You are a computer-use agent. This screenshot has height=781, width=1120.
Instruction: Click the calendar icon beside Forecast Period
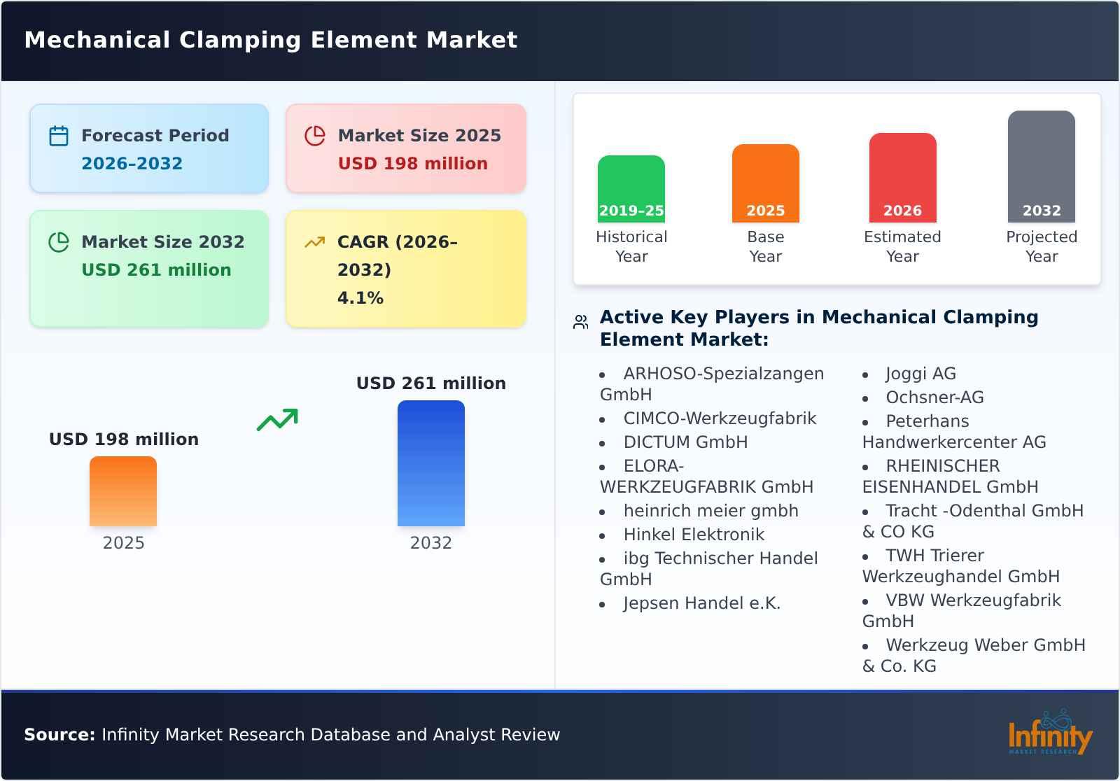click(x=59, y=136)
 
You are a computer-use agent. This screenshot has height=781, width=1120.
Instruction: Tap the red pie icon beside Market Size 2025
click(x=315, y=136)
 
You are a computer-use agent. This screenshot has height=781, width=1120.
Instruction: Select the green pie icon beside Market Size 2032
click(x=59, y=242)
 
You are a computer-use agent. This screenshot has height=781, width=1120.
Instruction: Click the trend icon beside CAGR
click(x=315, y=242)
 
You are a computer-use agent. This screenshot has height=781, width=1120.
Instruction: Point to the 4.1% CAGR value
click(x=360, y=298)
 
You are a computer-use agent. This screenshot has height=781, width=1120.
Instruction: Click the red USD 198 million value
click(x=412, y=164)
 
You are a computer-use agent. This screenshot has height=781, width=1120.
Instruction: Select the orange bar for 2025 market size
click(x=123, y=491)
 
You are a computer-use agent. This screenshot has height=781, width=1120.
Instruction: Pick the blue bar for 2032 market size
click(x=430, y=463)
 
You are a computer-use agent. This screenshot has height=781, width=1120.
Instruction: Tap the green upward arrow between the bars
click(x=277, y=420)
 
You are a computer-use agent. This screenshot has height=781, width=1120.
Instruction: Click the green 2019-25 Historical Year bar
click(x=631, y=189)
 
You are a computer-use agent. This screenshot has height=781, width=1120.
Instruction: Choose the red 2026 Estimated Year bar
click(x=902, y=178)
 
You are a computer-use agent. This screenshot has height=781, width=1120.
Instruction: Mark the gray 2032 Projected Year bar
click(x=1041, y=167)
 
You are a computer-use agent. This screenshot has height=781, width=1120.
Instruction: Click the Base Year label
click(x=765, y=246)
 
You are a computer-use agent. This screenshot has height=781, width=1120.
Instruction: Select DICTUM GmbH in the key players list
click(x=685, y=442)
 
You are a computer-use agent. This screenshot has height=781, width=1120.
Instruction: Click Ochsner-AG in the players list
click(x=934, y=397)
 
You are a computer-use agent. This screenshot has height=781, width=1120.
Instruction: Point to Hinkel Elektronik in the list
click(x=694, y=535)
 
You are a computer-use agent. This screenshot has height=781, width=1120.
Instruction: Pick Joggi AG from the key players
click(x=920, y=374)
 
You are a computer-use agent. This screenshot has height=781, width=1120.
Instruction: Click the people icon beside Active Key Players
click(x=580, y=322)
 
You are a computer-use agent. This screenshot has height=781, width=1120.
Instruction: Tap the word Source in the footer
click(x=59, y=735)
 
